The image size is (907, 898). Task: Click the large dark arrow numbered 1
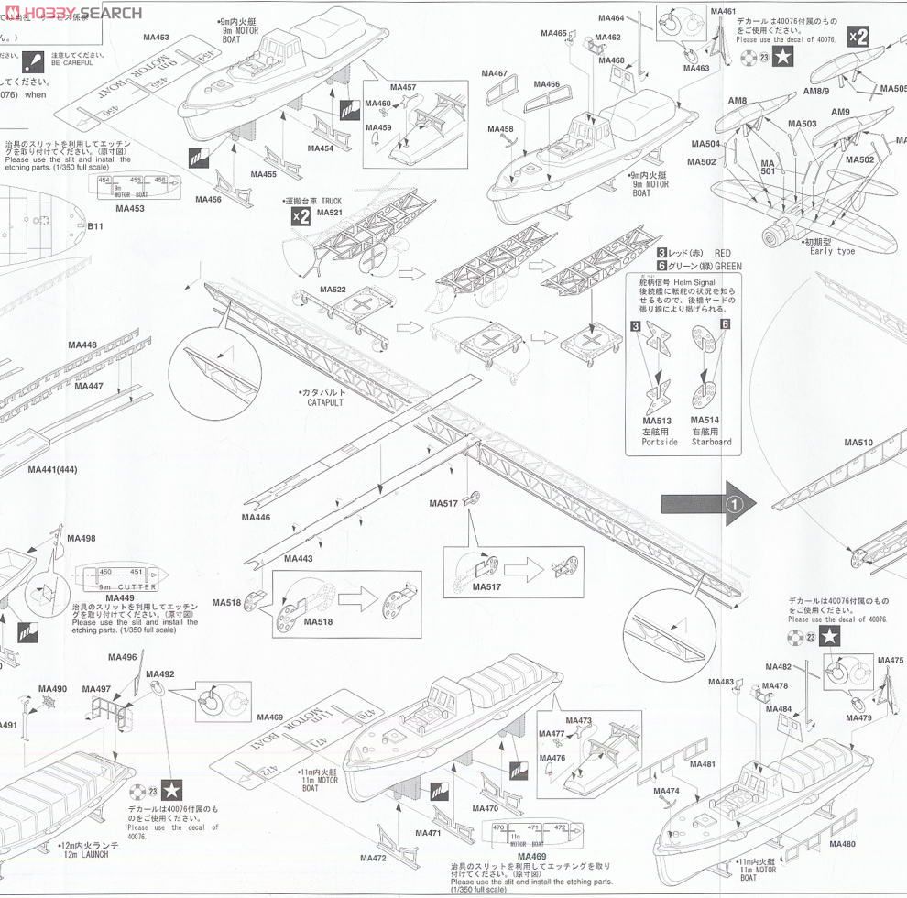(x=709, y=503)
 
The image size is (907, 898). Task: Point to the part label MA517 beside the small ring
(x=443, y=503)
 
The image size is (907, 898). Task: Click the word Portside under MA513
(x=660, y=442)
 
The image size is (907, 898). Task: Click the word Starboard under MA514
(x=712, y=442)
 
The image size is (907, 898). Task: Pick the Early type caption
(x=832, y=251)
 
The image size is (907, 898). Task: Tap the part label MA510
(x=858, y=443)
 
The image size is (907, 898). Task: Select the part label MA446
(x=256, y=518)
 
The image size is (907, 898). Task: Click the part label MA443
(x=299, y=558)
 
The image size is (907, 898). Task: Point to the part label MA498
(x=82, y=539)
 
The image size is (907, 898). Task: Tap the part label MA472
(x=373, y=859)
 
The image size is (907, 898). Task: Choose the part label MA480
(x=842, y=844)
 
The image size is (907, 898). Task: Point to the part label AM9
(x=840, y=112)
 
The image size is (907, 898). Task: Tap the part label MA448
(x=82, y=345)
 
